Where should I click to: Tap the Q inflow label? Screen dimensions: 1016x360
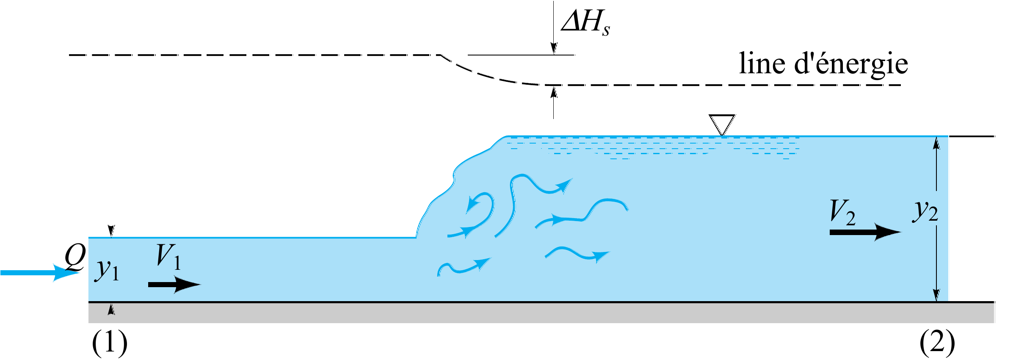point(75,257)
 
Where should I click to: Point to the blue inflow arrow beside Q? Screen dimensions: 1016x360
point(40,273)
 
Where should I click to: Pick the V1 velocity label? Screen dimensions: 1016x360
point(169,257)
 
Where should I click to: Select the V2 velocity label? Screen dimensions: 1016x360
point(842,212)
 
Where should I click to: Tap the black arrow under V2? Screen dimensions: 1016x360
point(865,232)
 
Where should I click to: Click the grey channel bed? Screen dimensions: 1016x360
point(541,313)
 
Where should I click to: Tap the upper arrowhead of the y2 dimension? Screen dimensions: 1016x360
point(936,143)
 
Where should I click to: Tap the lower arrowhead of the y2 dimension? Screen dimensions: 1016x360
point(936,295)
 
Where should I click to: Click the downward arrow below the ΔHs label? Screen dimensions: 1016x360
point(553,28)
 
